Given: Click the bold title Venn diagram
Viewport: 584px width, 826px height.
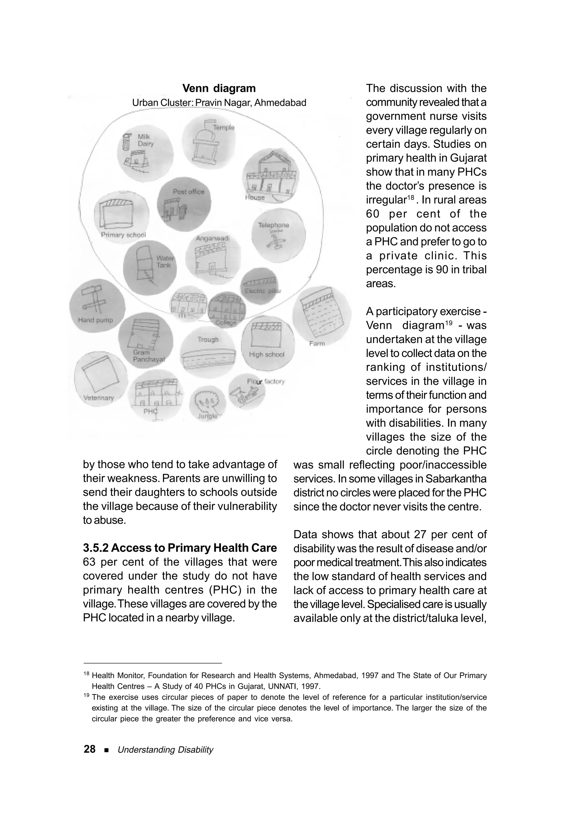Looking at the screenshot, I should click(219, 88).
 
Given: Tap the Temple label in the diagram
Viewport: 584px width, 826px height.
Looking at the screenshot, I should click(223, 128).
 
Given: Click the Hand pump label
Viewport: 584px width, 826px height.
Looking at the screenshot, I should click(95, 320).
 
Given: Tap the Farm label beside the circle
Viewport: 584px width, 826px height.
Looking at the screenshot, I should click(317, 344).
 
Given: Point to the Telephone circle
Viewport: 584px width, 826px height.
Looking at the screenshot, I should click(278, 235).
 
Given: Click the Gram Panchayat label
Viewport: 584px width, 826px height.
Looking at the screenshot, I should click(148, 356).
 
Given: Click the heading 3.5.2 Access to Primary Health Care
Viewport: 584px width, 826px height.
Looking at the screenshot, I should click(180, 548).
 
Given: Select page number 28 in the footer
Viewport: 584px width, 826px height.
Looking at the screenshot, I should click(90, 749).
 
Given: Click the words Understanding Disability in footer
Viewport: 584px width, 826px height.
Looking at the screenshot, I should click(165, 750).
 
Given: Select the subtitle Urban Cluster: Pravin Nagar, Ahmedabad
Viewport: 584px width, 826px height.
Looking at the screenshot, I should click(219, 103).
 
